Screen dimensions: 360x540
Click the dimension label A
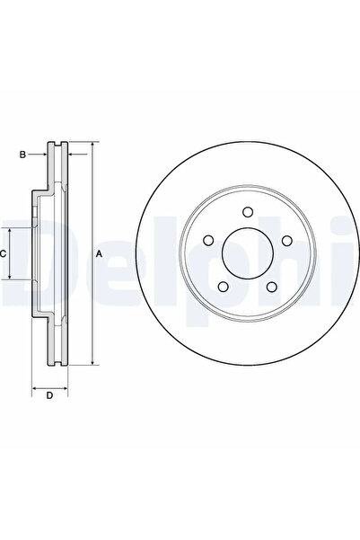[99, 254]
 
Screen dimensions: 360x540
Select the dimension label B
[22, 155]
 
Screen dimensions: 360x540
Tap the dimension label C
[3, 254]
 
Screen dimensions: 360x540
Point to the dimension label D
[50, 395]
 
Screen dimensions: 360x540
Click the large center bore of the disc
[248, 252]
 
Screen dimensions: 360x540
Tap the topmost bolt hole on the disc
[248, 212]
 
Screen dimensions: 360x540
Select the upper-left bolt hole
[208, 241]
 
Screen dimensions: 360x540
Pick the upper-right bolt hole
[286, 241]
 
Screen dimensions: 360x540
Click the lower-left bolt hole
[224, 287]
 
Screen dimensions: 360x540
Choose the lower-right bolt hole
[272, 287]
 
